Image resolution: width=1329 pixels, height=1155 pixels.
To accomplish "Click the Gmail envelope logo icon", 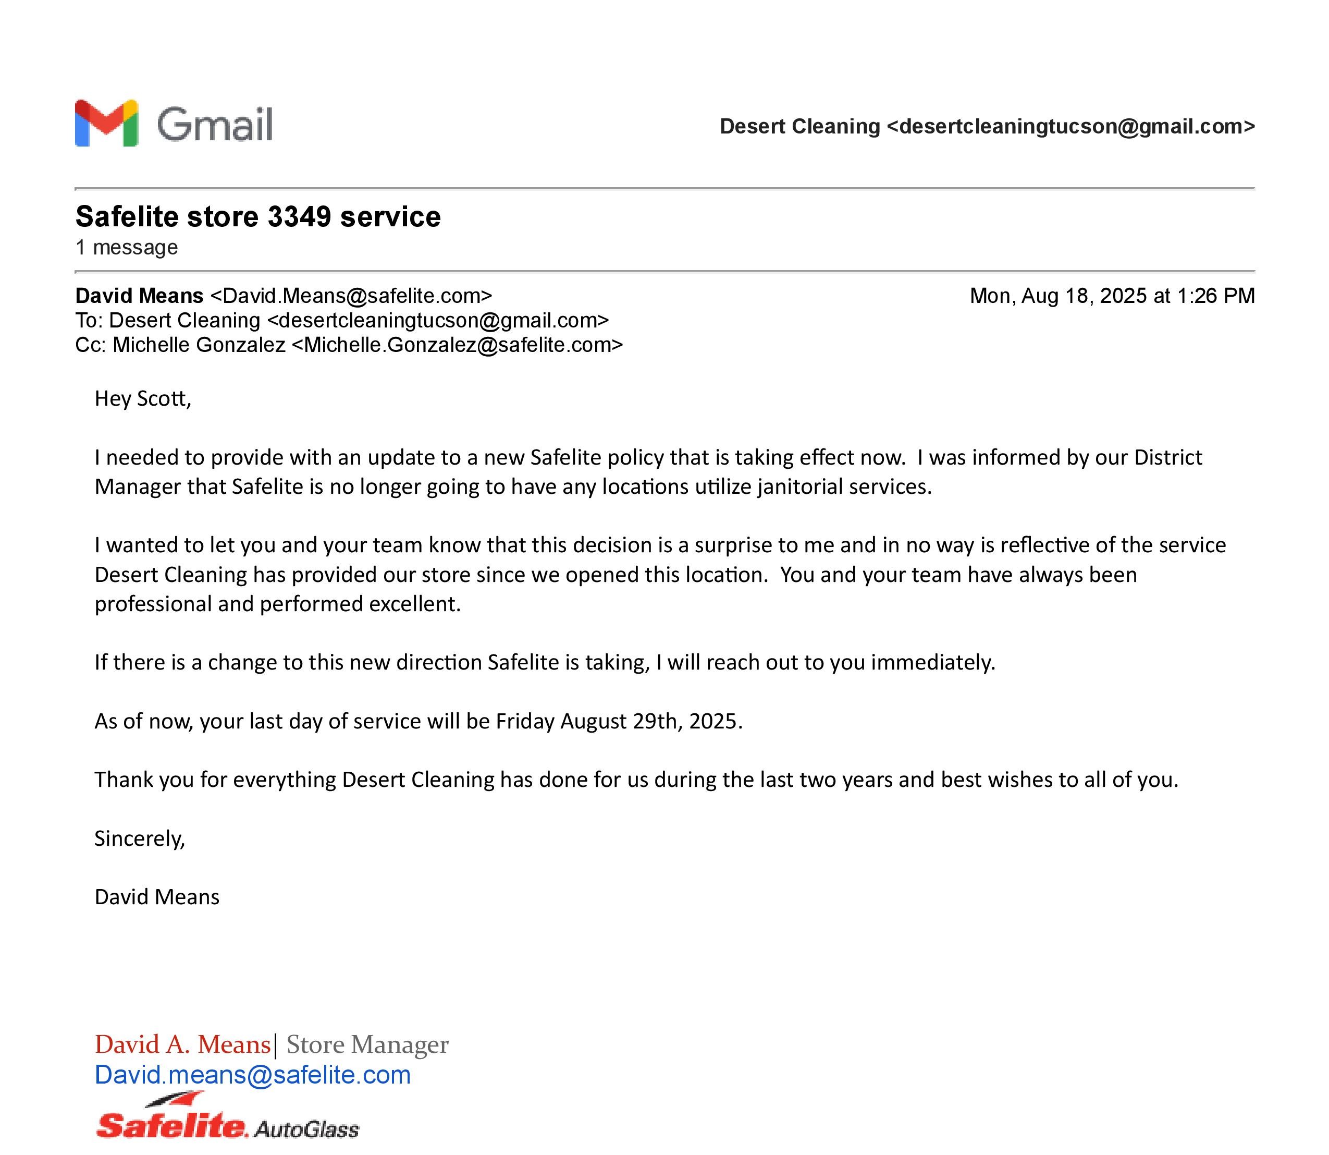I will coord(106,123).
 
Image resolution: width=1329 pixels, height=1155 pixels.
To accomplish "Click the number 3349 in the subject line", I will coord(299,216).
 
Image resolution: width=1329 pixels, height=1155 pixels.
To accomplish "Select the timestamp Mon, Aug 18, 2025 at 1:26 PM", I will coord(1112,296).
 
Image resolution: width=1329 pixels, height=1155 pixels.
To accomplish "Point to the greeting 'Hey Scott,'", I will coord(143,399).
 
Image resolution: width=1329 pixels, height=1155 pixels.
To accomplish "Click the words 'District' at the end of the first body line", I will coord(1168,458).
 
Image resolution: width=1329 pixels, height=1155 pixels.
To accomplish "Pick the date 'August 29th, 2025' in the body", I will coord(651,721).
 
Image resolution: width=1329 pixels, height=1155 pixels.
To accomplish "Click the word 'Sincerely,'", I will coord(140,838).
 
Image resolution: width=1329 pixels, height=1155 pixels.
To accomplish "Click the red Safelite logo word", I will coord(171,1125).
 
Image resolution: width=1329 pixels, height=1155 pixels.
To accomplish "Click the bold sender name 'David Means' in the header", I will coord(139,296).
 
